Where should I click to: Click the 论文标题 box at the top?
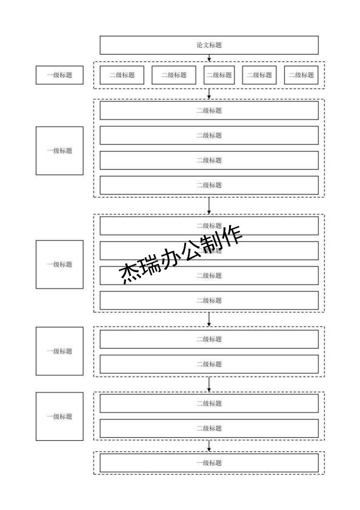[208, 45]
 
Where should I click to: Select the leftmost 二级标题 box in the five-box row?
[122, 75]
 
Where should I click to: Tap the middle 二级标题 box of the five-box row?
[219, 75]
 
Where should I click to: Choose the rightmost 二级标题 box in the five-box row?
[301, 75]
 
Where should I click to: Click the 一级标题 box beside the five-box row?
[59, 75]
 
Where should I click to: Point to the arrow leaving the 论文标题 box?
[208, 58]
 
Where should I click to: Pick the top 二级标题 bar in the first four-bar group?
[208, 110]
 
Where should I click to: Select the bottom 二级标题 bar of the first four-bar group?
[208, 185]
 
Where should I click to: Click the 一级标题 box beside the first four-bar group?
[59, 150]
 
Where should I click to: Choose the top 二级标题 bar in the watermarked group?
[208, 226]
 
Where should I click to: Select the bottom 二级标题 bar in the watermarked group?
[208, 300]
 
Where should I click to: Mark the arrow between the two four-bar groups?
[208, 205]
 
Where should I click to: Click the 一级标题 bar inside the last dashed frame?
[208, 463]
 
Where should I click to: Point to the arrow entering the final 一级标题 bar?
[208, 446]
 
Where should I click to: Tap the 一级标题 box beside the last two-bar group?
[59, 416]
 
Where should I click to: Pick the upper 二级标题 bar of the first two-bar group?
[208, 339]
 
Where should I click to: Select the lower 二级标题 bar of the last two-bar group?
[208, 428]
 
